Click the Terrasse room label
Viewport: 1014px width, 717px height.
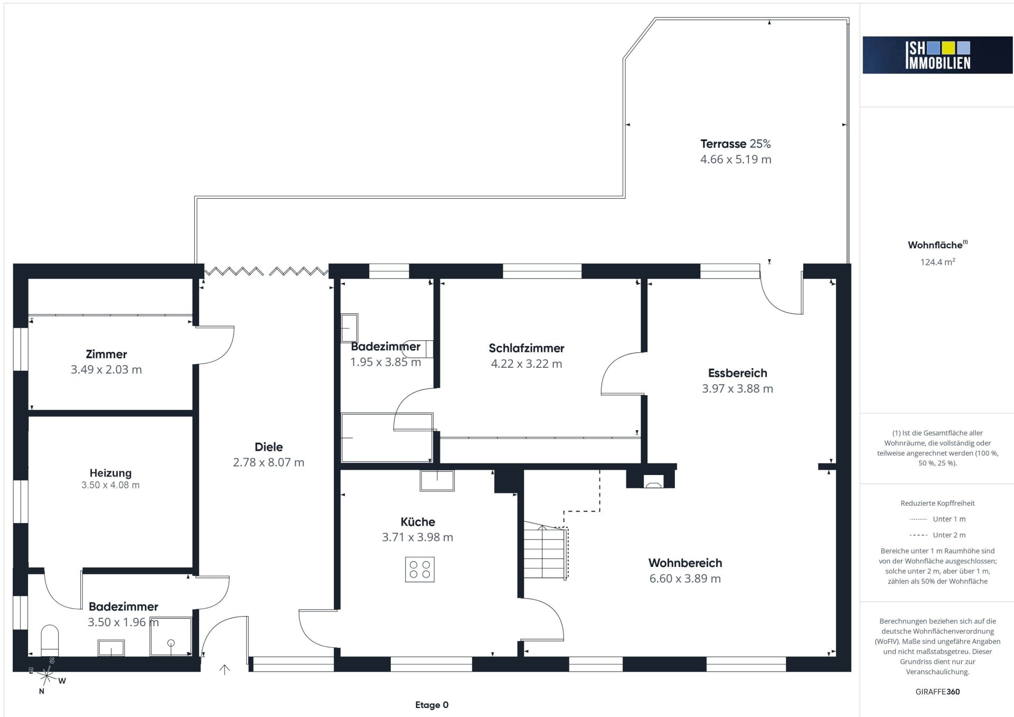tap(723, 144)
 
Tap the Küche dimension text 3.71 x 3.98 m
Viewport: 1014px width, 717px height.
tap(417, 537)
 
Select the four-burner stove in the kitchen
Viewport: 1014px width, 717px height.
tap(420, 570)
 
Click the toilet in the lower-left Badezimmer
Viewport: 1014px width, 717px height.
tap(50, 640)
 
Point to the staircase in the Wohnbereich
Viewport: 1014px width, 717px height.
tap(546, 551)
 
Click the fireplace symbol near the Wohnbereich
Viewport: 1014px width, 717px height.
tap(654, 481)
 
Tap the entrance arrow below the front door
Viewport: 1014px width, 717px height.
tap(224, 669)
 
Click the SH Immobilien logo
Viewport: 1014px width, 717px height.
tap(937, 55)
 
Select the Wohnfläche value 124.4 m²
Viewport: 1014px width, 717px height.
tap(937, 262)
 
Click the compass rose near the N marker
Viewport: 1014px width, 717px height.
tap(47, 676)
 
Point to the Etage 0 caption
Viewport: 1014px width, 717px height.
tap(431, 705)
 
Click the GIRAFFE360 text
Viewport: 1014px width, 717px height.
tap(937, 692)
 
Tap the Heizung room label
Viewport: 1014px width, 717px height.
tap(110, 473)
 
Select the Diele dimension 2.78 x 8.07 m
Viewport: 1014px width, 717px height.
tap(268, 462)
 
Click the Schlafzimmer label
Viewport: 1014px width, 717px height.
tap(527, 348)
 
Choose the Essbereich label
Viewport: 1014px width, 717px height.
tap(737, 373)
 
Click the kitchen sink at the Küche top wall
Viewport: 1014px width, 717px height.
tap(437, 480)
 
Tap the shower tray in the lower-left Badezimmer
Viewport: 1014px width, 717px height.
tap(171, 637)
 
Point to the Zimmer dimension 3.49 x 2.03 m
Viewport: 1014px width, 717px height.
tap(106, 370)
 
